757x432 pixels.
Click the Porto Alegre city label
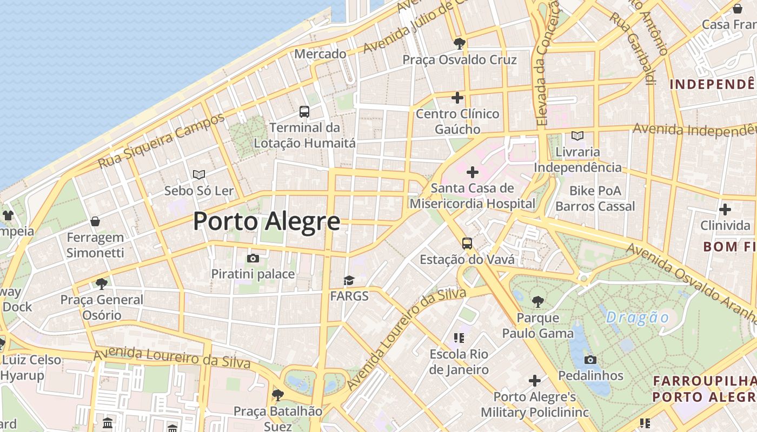click(267, 221)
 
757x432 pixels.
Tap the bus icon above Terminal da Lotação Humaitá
click(304, 112)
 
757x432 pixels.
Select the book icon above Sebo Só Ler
click(199, 174)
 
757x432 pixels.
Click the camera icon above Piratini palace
click(253, 258)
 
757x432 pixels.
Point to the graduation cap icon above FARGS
click(349, 280)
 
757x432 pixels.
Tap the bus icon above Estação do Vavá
click(467, 244)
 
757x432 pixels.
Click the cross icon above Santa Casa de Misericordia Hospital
click(473, 172)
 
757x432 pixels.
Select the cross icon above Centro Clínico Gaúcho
click(457, 98)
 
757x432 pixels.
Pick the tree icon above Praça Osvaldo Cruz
click(460, 43)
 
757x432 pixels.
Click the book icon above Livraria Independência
click(577, 136)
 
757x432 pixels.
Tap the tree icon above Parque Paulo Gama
click(537, 301)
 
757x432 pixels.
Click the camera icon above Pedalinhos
click(590, 360)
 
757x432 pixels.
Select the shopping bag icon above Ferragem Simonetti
click(95, 221)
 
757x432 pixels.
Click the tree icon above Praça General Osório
click(101, 283)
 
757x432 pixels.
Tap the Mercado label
click(320, 54)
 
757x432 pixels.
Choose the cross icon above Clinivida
click(725, 209)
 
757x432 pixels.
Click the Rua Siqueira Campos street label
click(161, 141)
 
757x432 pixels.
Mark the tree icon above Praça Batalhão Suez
click(278, 395)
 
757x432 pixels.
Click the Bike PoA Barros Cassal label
click(595, 199)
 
